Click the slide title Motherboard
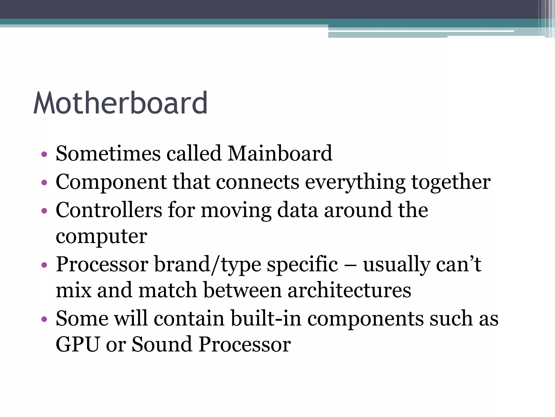121,103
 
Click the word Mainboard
280,153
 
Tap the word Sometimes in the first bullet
108,153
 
